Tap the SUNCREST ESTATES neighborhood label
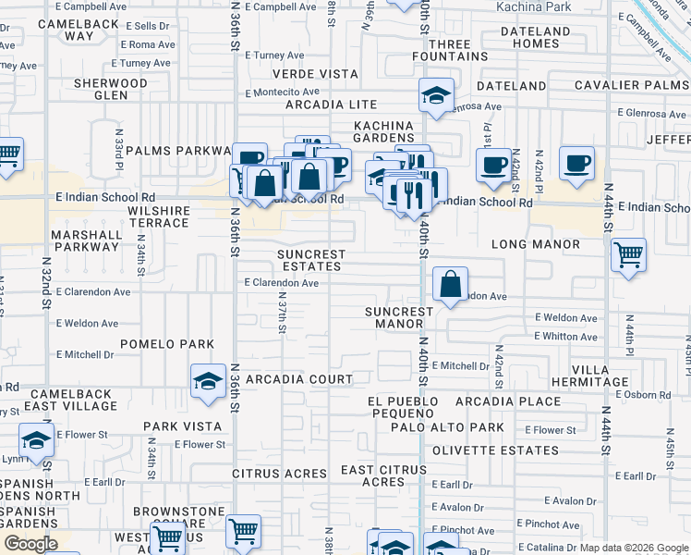313,260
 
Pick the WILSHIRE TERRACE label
147,216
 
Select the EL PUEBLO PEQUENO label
399,407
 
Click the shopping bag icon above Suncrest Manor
450,286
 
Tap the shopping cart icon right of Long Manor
628,254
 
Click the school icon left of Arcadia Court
209,381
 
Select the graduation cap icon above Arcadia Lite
436,95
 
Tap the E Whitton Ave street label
565,337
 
